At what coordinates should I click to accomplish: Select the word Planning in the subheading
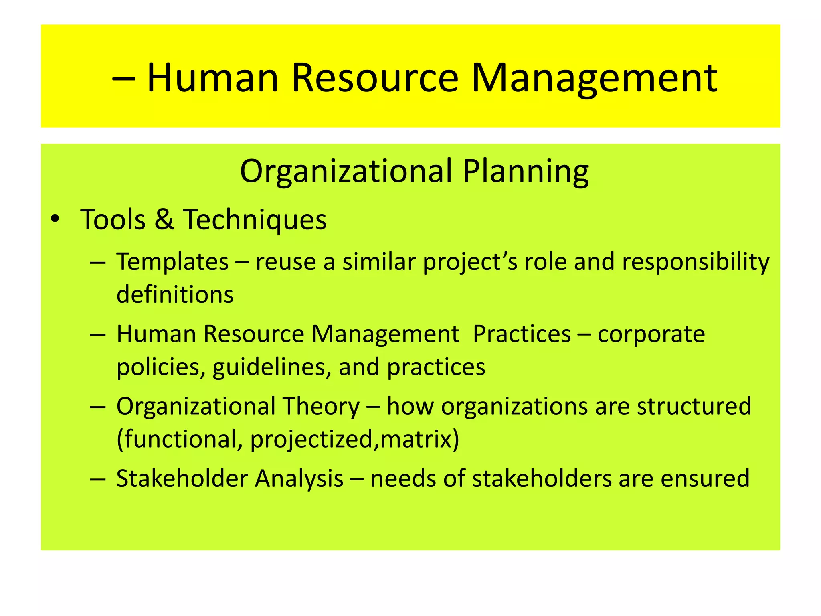pos(526,172)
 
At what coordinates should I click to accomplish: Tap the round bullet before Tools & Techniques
pos(55,219)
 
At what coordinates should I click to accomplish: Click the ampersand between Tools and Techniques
pos(164,220)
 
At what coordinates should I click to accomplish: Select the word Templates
pos(172,262)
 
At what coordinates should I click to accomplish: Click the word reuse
pos(286,262)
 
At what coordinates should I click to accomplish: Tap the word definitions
pos(175,294)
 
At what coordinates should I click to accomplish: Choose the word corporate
pos(651,334)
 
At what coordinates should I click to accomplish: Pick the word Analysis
pos(299,479)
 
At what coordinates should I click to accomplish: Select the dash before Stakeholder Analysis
pos(98,479)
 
